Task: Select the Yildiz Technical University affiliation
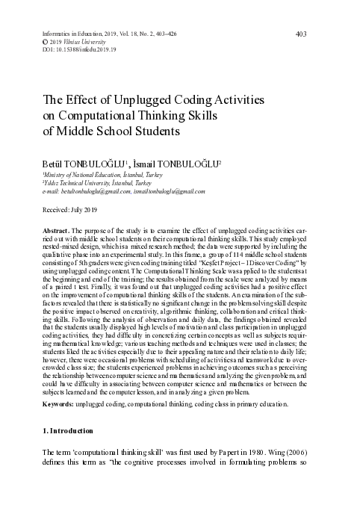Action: coord(76,182)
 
